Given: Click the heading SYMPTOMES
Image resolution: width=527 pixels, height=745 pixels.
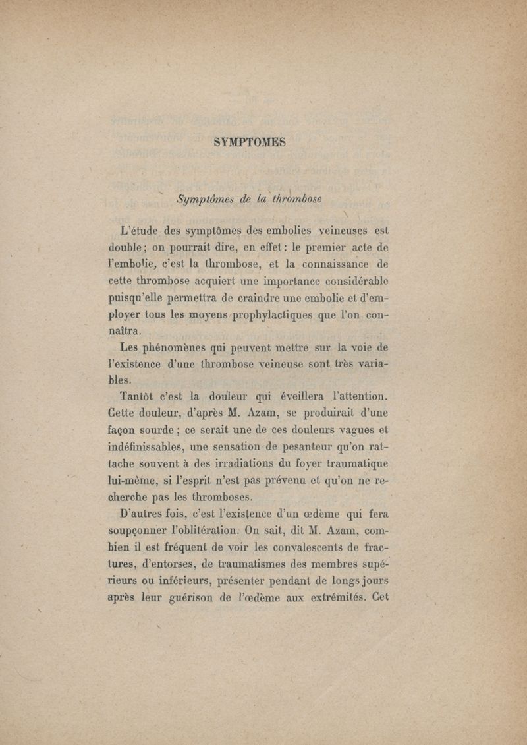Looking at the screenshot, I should [250, 142].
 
